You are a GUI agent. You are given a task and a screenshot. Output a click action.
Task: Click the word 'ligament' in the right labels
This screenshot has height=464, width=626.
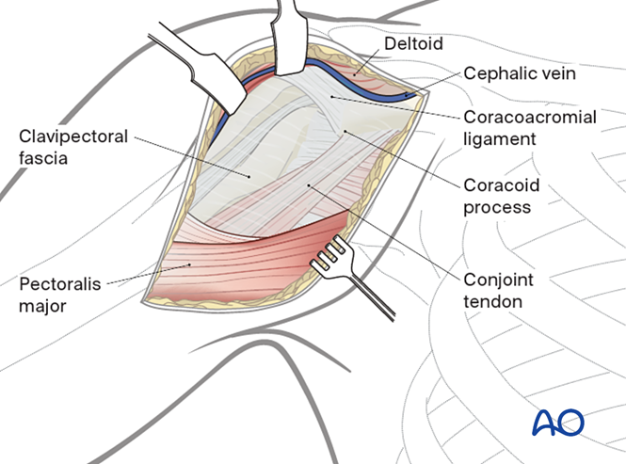tap(500, 138)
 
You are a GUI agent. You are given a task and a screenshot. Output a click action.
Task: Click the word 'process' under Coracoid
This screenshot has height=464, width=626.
tap(496, 205)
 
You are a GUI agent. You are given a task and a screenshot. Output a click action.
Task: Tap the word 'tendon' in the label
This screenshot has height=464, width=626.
tap(492, 301)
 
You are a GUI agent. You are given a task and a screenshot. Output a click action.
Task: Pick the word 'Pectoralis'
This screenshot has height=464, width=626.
tap(58, 281)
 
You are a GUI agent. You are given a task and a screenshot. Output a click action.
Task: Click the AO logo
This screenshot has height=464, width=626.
tap(557, 423)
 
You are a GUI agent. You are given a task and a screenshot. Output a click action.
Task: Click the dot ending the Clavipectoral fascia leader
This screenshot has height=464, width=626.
tap(249, 175)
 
